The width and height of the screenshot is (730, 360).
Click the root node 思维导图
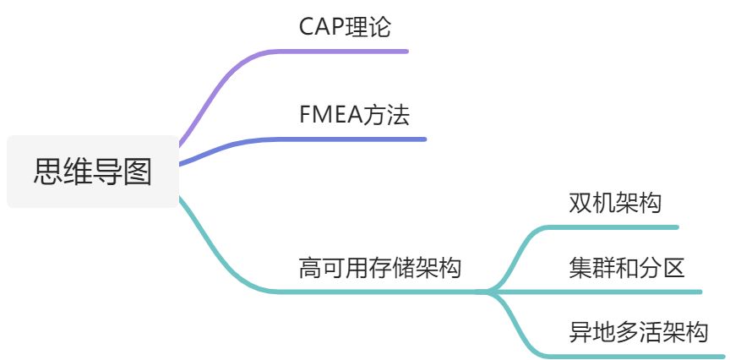click(x=93, y=172)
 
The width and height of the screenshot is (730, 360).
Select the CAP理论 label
click(x=346, y=26)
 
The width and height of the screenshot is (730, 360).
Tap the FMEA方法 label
click(x=354, y=115)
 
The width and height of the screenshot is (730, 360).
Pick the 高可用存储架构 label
click(x=380, y=269)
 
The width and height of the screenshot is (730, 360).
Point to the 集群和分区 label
click(x=626, y=268)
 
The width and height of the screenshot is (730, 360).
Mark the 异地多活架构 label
click(x=638, y=332)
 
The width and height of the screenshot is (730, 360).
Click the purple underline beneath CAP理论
click(x=355, y=51)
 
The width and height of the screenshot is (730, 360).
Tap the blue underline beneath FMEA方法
click(x=363, y=139)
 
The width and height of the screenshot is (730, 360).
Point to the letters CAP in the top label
click(x=318, y=26)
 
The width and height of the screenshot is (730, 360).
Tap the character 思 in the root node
click(x=47, y=172)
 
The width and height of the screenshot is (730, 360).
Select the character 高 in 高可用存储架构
click(x=309, y=269)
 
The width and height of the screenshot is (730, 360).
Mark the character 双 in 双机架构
click(x=580, y=203)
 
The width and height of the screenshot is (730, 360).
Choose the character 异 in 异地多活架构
click(x=580, y=332)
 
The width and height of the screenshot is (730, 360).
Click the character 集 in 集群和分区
click(x=580, y=268)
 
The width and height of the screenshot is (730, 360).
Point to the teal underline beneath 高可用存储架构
click(x=380, y=292)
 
